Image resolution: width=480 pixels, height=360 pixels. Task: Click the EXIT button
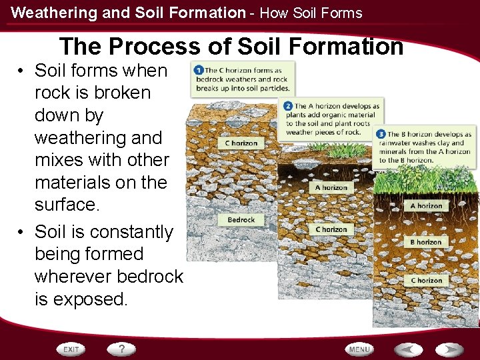[x=71, y=349]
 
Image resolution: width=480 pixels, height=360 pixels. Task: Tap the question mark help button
[x=121, y=349]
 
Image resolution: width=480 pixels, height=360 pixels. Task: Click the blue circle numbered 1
[x=198, y=70]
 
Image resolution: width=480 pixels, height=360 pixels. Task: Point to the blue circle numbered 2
[x=288, y=106]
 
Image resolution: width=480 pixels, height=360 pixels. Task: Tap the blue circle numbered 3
[x=381, y=134]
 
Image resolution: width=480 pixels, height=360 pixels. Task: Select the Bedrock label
[x=241, y=219]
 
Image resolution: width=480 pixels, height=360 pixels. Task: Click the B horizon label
[x=425, y=242]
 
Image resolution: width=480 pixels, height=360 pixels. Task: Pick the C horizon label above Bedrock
[x=241, y=143]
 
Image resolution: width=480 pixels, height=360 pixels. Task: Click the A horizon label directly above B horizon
[x=425, y=206]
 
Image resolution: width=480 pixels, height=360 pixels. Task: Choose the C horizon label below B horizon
[x=425, y=281]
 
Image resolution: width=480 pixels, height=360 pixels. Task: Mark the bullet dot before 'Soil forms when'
[x=23, y=71]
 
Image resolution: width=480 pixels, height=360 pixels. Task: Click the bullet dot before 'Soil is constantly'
[x=23, y=232]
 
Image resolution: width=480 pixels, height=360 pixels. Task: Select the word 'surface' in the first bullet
[x=65, y=205]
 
